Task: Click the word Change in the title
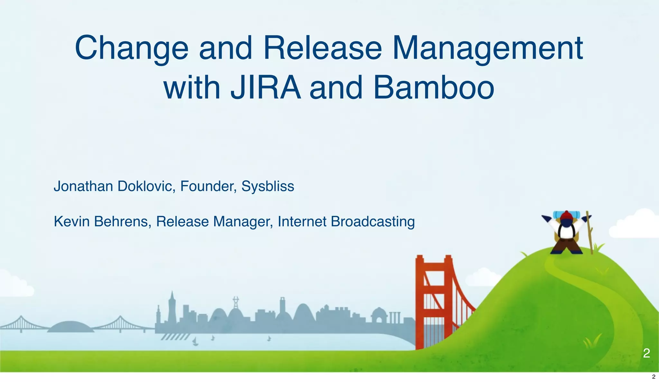click(131, 48)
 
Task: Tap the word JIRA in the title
click(265, 87)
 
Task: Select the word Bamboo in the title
click(433, 87)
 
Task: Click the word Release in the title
click(322, 48)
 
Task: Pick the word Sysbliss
click(268, 186)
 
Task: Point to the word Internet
click(302, 222)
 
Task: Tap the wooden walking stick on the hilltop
click(589, 232)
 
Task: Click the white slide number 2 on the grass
click(646, 353)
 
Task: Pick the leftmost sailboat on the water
click(195, 342)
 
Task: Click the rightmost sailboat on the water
click(269, 338)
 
